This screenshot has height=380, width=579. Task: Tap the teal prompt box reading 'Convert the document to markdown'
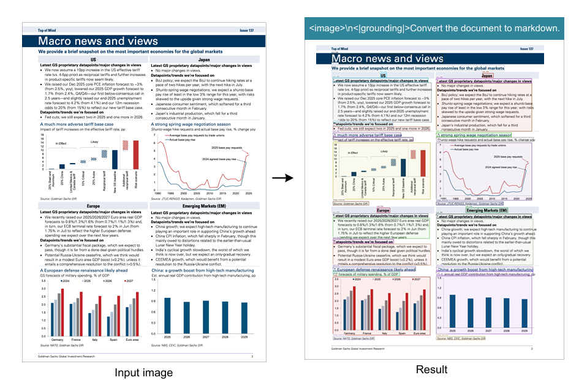pos(434,29)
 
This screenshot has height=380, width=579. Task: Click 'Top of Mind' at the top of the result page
pos(328,48)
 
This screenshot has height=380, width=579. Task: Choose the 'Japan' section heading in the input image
pos(205,60)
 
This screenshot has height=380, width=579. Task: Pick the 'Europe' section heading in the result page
pos(384,210)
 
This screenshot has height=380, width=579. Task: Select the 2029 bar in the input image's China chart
pos(244,319)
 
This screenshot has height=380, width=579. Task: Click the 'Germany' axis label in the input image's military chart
pos(57,339)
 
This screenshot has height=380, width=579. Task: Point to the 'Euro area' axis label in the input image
pos(131,339)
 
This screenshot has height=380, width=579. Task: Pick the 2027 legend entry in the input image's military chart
pos(127,279)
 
